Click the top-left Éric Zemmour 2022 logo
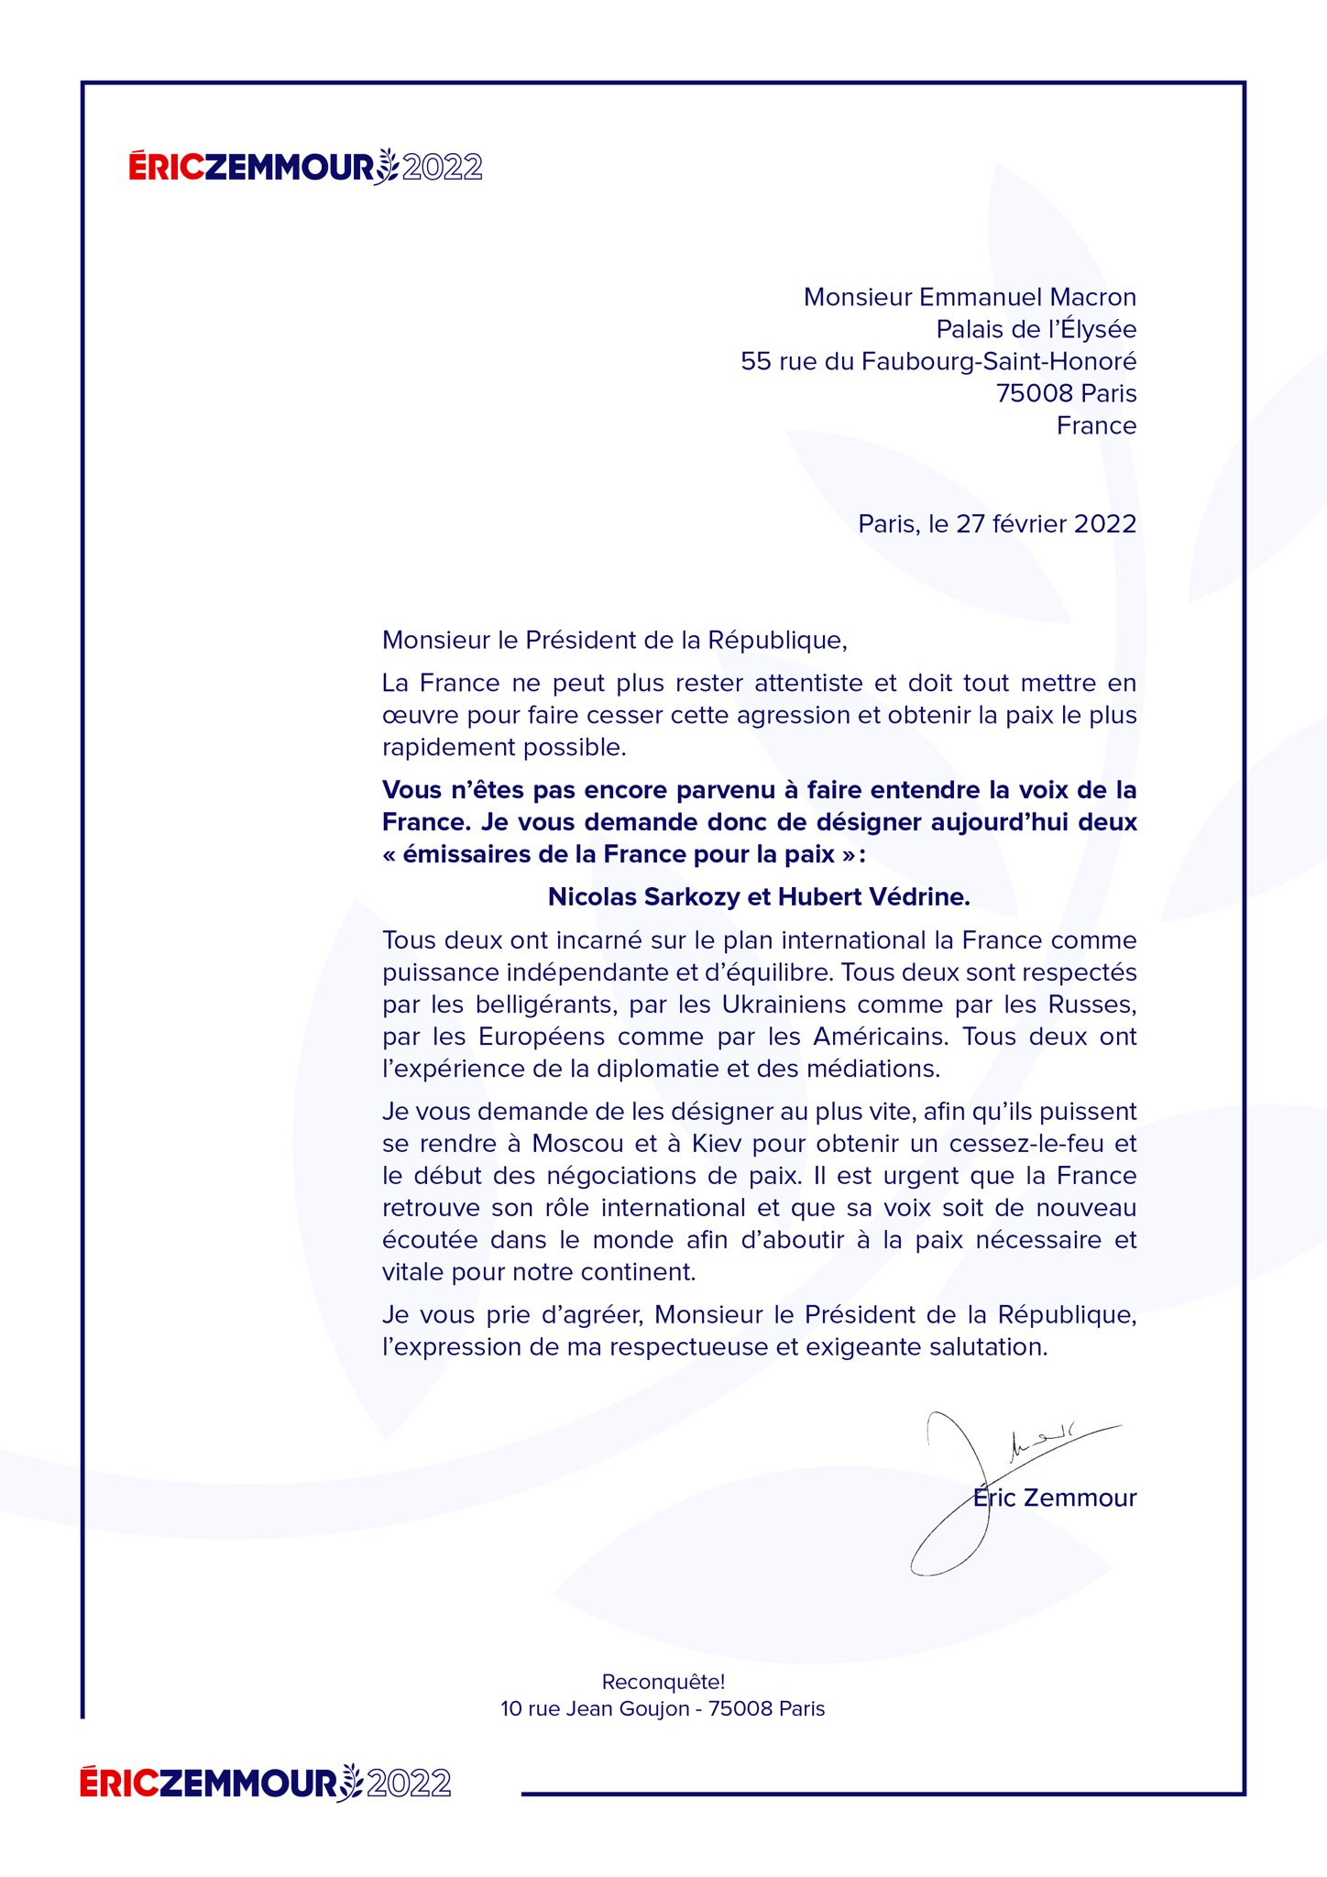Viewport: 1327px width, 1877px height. coord(305,167)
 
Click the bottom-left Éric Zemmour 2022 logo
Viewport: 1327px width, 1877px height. coord(266,1783)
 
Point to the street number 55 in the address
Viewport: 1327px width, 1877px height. coord(756,361)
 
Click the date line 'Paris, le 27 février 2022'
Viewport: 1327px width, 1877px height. coord(997,523)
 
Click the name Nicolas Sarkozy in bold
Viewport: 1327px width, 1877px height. coord(643,896)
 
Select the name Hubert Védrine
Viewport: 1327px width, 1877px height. coord(873,896)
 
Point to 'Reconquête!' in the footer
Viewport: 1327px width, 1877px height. coord(663,1682)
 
